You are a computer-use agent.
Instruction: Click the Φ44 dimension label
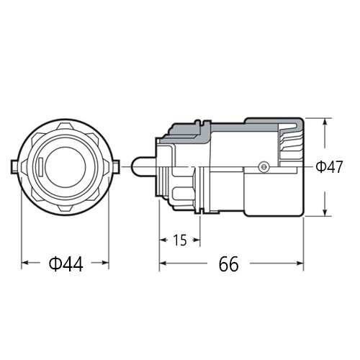point(66,265)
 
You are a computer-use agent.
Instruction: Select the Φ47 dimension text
point(329,167)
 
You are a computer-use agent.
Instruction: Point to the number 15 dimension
point(180,240)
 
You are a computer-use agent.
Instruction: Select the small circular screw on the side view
point(264,167)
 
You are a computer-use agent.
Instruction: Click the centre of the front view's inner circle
point(66,167)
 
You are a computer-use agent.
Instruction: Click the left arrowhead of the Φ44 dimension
point(25,264)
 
